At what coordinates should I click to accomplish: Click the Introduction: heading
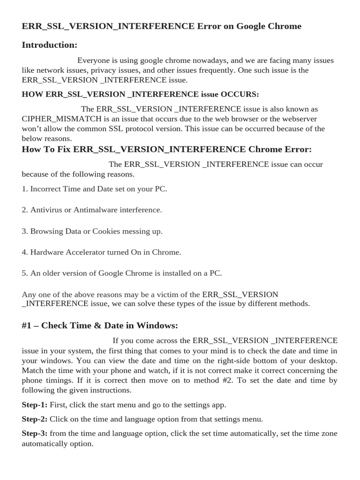click(x=49, y=45)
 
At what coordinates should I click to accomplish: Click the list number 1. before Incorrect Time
click(x=25, y=189)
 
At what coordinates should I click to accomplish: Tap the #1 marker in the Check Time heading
click(x=27, y=325)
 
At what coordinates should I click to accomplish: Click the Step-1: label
click(x=34, y=405)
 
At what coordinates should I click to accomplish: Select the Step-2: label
click(x=34, y=419)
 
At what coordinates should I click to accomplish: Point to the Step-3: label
click(x=34, y=434)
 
